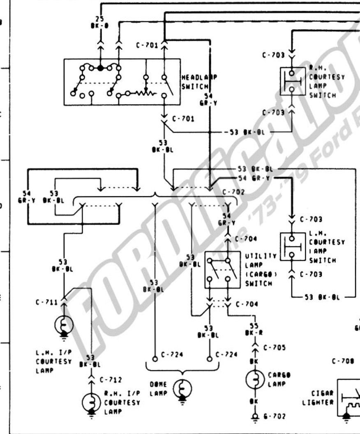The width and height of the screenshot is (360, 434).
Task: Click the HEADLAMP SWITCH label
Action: click(x=199, y=82)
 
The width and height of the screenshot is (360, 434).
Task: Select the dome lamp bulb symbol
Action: click(x=182, y=388)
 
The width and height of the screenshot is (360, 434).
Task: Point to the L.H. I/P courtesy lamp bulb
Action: click(x=64, y=325)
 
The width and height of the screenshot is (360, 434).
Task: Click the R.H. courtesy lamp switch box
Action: click(x=293, y=82)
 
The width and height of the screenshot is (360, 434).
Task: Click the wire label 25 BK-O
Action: click(x=99, y=22)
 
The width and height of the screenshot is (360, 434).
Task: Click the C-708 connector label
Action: click(x=343, y=362)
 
